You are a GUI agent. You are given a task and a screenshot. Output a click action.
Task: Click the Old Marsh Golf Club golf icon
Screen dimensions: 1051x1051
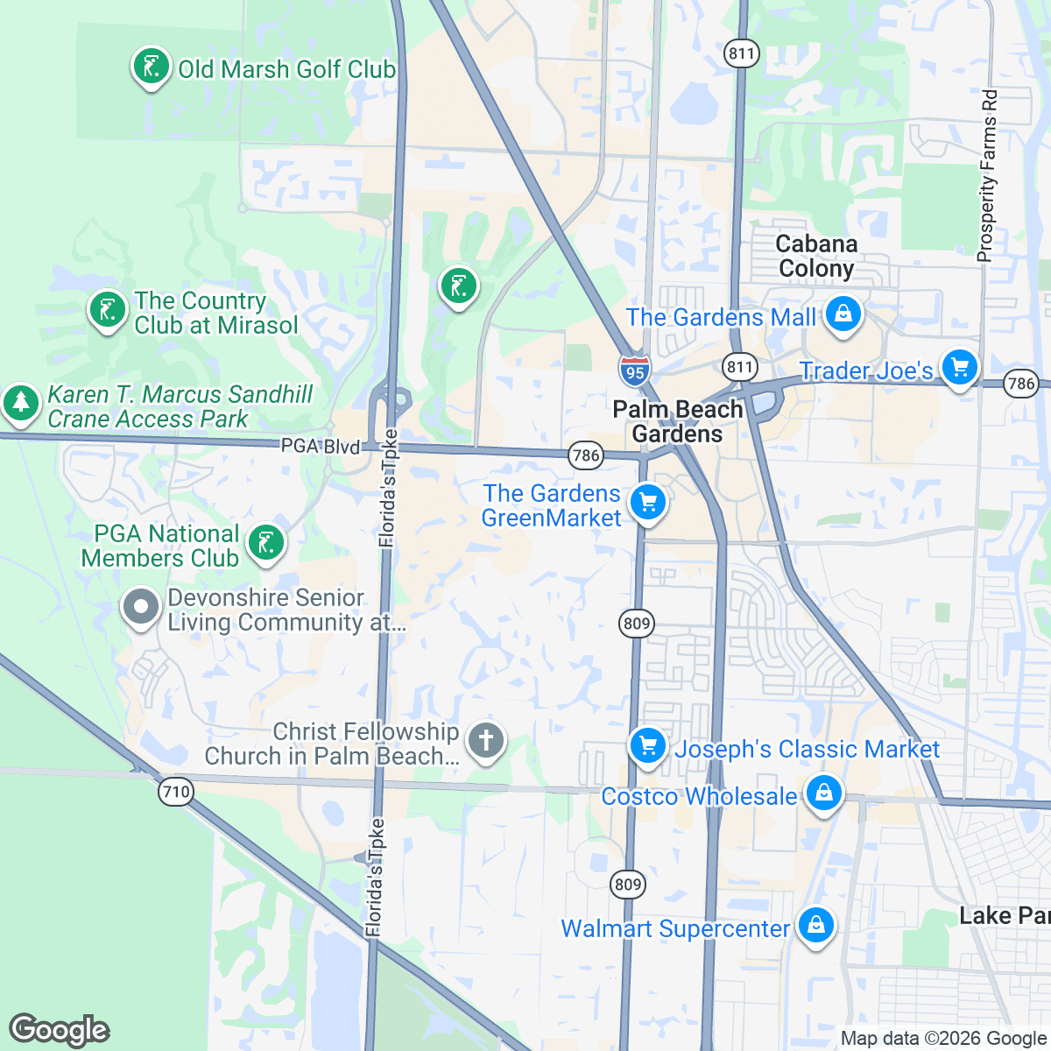click(151, 67)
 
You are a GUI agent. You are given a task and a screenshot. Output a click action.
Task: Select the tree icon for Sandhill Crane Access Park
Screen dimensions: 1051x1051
click(21, 404)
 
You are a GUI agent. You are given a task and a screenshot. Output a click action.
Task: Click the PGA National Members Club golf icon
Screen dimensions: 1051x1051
click(266, 544)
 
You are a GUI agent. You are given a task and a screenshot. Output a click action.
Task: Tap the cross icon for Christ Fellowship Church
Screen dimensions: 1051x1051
click(485, 741)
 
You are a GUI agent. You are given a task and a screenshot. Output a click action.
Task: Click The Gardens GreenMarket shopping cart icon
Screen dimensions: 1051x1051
click(648, 504)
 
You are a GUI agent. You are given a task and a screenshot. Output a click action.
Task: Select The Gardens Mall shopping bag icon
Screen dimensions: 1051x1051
click(843, 314)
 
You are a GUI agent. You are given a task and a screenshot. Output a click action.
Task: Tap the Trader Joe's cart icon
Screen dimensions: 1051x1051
click(960, 368)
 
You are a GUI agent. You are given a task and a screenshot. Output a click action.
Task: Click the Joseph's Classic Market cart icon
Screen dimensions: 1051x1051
click(648, 747)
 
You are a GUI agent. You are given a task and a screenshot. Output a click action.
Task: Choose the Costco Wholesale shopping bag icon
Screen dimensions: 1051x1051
click(823, 794)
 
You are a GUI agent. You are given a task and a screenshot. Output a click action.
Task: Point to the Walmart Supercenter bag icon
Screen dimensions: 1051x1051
click(815, 926)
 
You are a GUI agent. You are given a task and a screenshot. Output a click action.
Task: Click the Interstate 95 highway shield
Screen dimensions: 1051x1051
click(635, 370)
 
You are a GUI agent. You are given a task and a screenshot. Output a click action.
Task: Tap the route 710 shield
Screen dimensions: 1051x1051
click(176, 793)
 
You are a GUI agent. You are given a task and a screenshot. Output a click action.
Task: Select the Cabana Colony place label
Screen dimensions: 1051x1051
click(816, 257)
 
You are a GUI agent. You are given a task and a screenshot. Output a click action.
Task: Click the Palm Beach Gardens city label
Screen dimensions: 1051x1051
click(678, 421)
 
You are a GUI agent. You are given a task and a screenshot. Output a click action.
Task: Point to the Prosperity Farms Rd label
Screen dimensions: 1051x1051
click(987, 175)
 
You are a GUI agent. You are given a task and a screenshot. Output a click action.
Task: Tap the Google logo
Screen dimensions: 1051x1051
click(60, 1030)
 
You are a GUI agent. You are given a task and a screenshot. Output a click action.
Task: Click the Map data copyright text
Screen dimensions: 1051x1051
click(943, 1039)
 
